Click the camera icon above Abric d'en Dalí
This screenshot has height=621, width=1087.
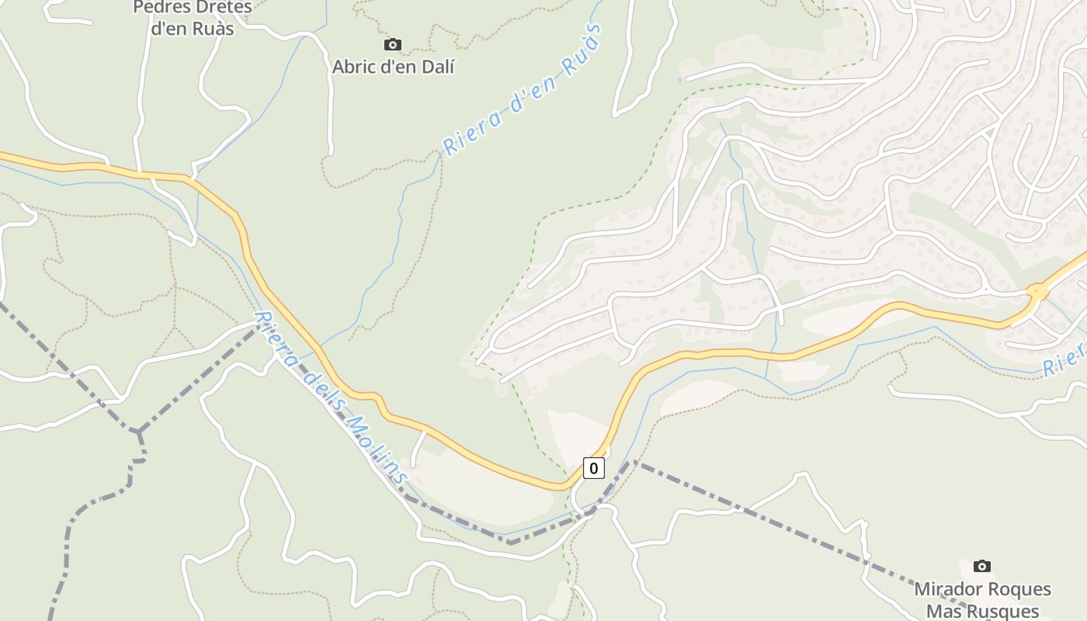click(393, 45)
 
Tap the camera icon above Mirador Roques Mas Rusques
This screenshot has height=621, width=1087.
click(982, 566)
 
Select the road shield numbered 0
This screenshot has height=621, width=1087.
click(594, 468)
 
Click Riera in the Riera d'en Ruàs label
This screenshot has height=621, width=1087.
click(470, 132)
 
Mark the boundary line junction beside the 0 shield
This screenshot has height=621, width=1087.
click(632, 461)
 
